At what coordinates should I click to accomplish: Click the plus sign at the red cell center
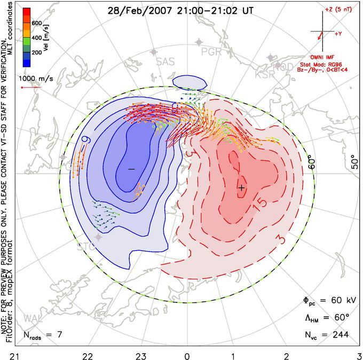click(x=241, y=187)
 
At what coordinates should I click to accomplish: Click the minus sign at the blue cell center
click(x=132, y=169)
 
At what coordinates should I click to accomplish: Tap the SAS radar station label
click(x=165, y=61)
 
